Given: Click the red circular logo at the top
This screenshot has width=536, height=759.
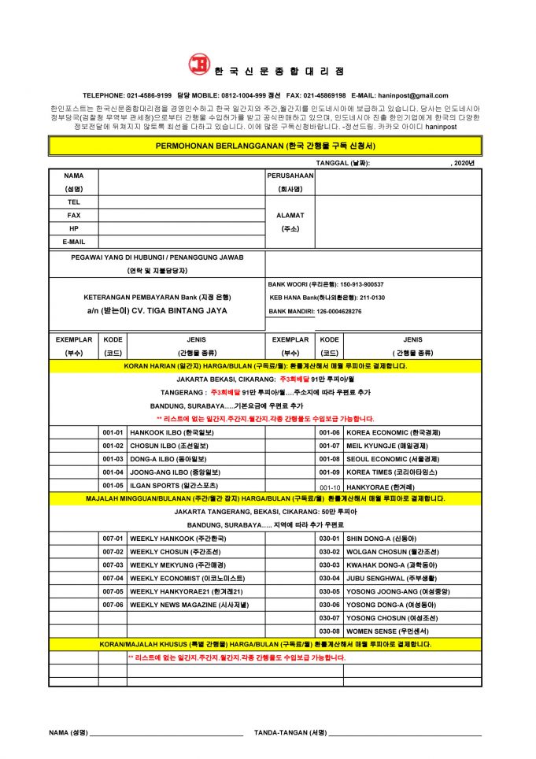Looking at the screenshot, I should click(199, 65).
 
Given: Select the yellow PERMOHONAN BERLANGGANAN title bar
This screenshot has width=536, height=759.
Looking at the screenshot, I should click(265, 146).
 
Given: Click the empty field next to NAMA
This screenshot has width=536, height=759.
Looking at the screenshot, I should click(181, 182).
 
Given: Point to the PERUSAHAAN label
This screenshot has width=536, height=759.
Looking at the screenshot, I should click(290, 176).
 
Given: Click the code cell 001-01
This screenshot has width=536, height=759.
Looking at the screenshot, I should click(113, 433).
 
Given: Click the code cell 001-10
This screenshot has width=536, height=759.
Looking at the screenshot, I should click(329, 487).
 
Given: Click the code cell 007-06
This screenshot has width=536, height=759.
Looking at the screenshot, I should click(113, 604).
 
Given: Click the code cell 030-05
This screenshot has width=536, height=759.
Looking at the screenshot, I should click(329, 591).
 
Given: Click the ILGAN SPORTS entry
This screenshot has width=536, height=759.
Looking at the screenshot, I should click(166, 485).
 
